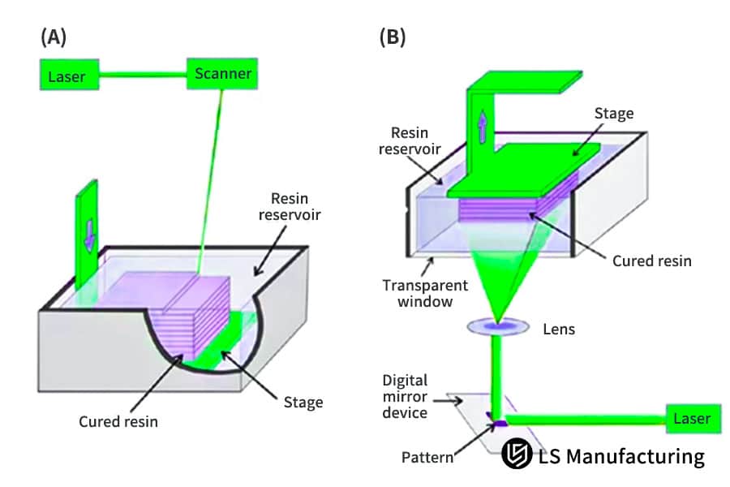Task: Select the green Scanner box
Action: coord(222,74)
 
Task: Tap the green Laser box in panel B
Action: coord(691,419)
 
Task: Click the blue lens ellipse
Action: coord(496,328)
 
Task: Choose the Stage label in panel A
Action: coord(303,402)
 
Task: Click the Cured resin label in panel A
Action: coord(118,421)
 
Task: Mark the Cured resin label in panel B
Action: coord(651,261)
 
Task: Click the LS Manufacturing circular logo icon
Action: coord(516,455)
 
